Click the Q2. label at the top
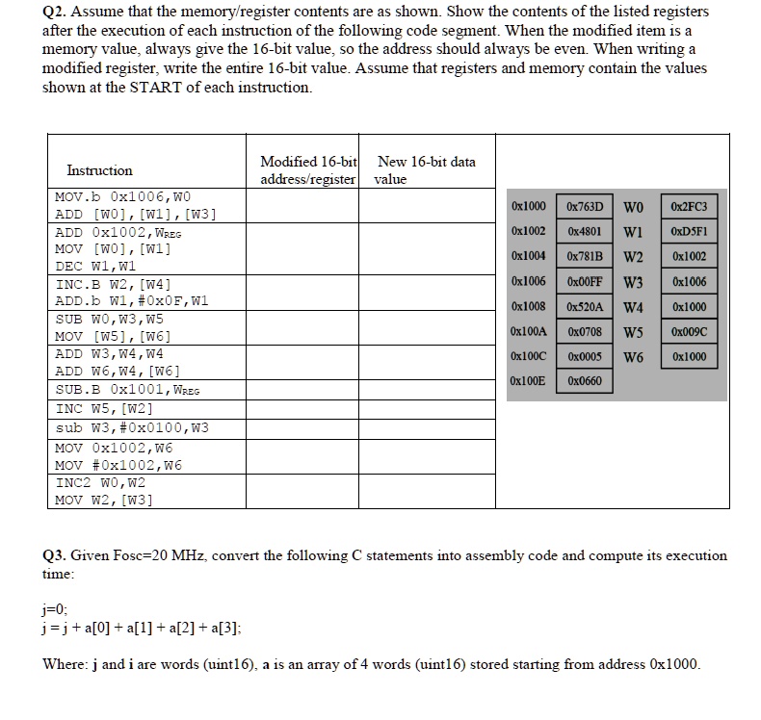coord(58,13)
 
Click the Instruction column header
coord(99,170)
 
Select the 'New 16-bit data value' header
coord(425,170)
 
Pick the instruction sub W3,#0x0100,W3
coord(132,428)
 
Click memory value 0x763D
coord(585,207)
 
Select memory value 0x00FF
coord(585,282)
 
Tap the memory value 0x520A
coord(585,307)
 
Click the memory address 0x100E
coord(529,381)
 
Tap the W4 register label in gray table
coord(633,308)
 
